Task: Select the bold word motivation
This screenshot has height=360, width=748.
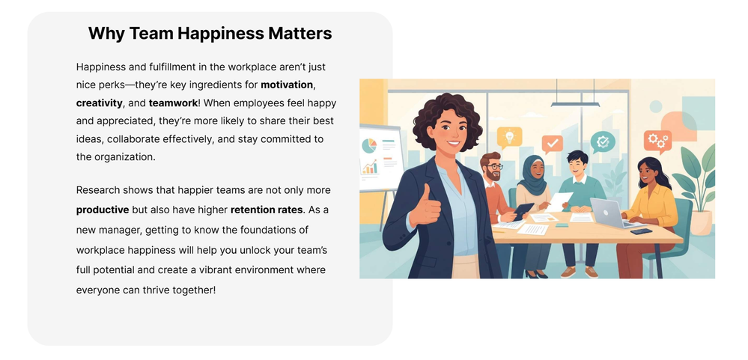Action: coord(287,85)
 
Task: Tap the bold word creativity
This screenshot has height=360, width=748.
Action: coord(100,103)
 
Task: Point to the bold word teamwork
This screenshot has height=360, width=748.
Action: coord(173,103)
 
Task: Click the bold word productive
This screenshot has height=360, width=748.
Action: coord(103,210)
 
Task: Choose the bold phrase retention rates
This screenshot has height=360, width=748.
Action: coord(267,210)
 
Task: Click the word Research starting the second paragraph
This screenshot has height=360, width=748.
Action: coord(98,190)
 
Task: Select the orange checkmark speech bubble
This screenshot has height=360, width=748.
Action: coord(553,144)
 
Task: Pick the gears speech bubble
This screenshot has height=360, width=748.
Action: coord(657,141)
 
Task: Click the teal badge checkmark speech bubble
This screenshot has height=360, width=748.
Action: coord(603,142)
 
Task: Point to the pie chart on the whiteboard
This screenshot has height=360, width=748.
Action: coord(368,145)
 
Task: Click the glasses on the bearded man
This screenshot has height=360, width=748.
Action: coord(493,167)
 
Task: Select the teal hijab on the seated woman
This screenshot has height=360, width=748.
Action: coord(532,174)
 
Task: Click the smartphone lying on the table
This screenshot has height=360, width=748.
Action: coord(641,231)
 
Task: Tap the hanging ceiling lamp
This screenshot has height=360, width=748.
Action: coord(575,103)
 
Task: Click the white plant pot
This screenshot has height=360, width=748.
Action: coord(701,222)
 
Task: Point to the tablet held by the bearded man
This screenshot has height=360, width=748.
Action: coord(523,211)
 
